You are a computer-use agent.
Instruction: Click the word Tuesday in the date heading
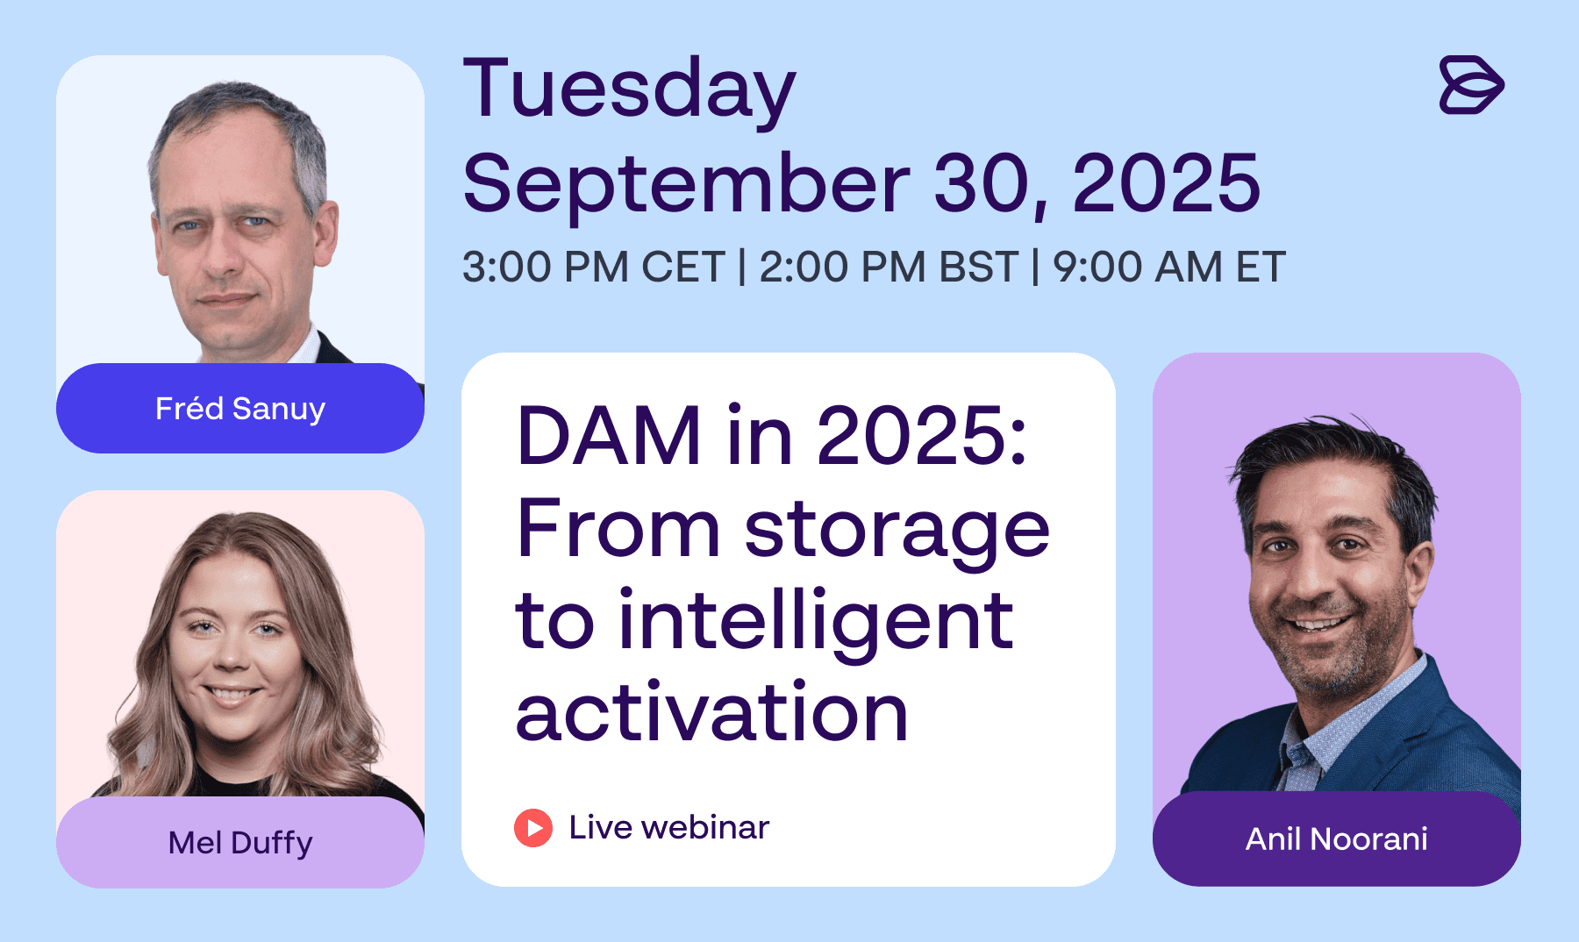pyautogui.click(x=629, y=91)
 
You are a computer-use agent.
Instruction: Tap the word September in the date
pyautogui.click(x=687, y=183)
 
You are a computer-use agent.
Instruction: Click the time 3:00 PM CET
pyautogui.click(x=594, y=267)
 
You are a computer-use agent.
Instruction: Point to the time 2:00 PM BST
pyautogui.click(x=888, y=267)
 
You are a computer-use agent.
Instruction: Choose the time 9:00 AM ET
pyautogui.click(x=1169, y=267)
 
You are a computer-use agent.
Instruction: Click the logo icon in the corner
pyautogui.click(x=1471, y=85)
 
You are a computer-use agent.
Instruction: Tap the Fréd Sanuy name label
pyautogui.click(x=240, y=409)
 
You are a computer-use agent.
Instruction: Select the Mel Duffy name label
pyautogui.click(x=240, y=843)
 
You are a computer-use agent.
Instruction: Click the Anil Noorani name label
pyautogui.click(x=1337, y=839)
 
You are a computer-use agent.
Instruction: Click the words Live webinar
pyautogui.click(x=669, y=827)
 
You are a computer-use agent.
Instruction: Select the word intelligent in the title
pyautogui.click(x=816, y=625)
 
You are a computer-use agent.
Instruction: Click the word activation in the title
pyautogui.click(x=711, y=711)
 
